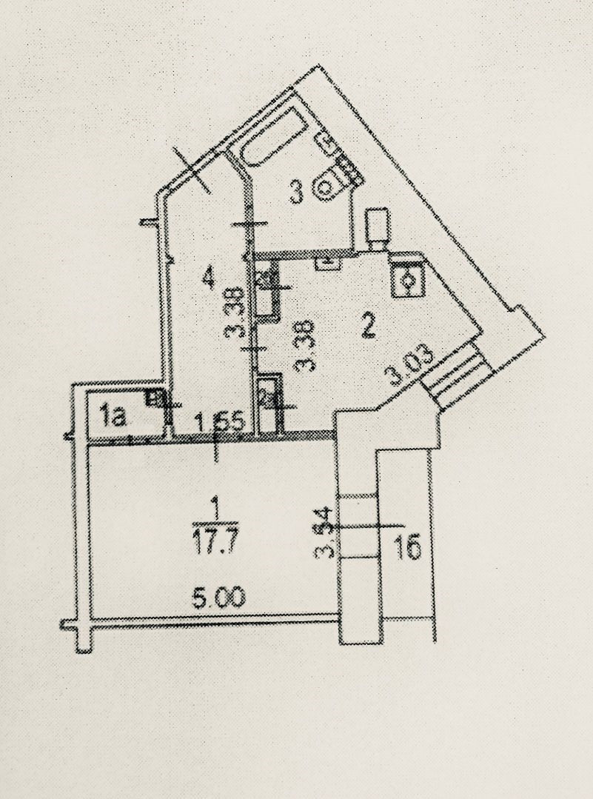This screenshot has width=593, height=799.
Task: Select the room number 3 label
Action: [296, 193]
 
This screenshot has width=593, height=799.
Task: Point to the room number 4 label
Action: [208, 278]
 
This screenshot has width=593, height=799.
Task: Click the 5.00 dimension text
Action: [218, 598]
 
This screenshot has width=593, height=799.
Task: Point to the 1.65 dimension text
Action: [215, 424]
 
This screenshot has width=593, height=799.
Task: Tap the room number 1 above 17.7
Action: [215, 506]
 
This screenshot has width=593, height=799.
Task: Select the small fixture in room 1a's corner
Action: [155, 398]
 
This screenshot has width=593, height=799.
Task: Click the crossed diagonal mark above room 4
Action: [194, 169]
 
